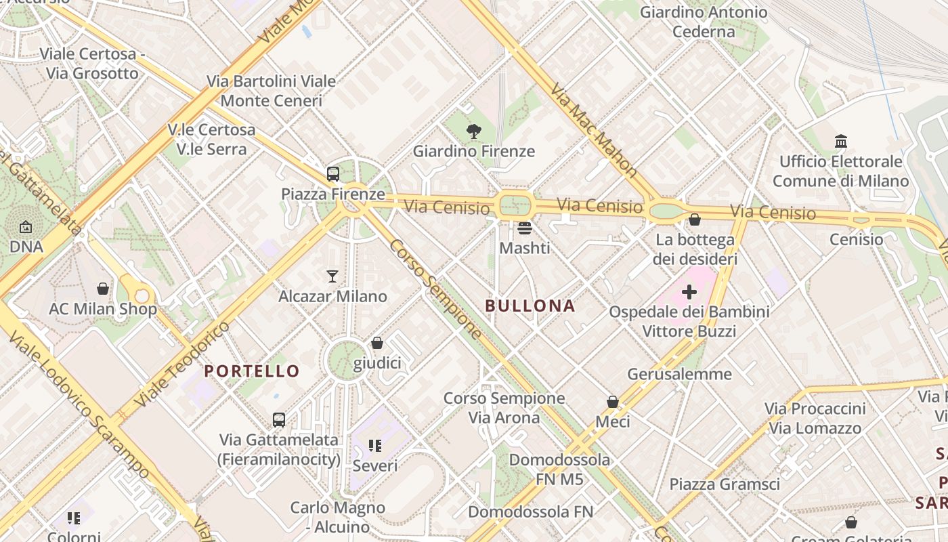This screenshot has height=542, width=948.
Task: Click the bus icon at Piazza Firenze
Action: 332,173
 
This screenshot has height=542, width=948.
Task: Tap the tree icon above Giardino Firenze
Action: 474,131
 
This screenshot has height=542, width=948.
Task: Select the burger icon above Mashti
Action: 525,228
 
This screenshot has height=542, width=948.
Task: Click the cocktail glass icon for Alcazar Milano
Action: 332,276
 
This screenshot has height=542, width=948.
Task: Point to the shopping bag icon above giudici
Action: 377,343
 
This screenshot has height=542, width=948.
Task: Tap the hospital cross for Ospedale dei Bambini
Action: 689,292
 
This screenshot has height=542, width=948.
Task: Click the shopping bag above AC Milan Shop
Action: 103,289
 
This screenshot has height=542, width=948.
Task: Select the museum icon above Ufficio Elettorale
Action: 841,141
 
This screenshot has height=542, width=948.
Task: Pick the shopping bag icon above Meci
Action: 613,402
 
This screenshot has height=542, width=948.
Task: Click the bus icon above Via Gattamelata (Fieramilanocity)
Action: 279,419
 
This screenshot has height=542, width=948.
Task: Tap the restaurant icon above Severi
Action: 375,446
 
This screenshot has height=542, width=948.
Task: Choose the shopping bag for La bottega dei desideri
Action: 695,220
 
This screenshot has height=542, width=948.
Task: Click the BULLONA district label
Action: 530,306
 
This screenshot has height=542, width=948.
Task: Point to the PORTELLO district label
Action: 252,371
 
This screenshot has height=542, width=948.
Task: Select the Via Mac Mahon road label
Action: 593,130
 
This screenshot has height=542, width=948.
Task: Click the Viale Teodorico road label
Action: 182,365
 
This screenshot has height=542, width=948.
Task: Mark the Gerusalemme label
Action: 679,374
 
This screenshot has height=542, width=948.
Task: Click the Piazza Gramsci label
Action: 725,484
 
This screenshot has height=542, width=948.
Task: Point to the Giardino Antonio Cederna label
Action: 704,22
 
